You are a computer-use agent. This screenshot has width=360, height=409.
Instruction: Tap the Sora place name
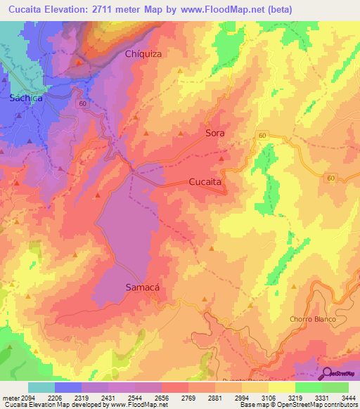tap(214, 132)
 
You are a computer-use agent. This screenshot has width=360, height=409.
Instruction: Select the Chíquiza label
tap(143, 53)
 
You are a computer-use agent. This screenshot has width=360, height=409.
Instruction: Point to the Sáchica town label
tap(26, 98)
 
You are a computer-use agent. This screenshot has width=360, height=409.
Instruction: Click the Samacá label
tap(143, 287)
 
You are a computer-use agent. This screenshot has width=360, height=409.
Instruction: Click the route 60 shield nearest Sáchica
tap(83, 103)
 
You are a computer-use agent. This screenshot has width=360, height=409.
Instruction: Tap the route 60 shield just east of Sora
tap(262, 135)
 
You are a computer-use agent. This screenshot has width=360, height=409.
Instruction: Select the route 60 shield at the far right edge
tap(331, 178)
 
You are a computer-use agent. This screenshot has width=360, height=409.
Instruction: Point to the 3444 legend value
tap(348, 398)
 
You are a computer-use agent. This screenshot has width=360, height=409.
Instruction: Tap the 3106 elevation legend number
tap(269, 398)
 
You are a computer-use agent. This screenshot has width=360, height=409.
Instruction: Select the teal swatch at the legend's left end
tap(41, 387)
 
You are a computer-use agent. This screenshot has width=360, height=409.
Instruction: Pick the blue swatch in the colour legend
tap(68, 387)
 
